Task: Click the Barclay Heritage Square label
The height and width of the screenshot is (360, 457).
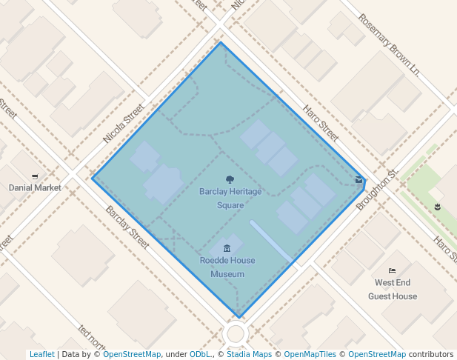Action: [x=230, y=198]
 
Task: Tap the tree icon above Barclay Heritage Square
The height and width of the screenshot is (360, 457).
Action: [x=230, y=179]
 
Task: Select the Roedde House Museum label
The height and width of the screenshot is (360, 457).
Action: [x=227, y=267]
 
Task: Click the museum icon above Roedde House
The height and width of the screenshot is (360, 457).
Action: [x=227, y=247]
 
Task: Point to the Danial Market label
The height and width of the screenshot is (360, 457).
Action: [x=35, y=187]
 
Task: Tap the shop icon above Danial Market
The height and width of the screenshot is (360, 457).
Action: [x=35, y=176]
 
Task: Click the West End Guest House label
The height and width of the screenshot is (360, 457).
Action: [x=393, y=290]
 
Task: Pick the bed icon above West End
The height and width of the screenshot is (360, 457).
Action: [x=392, y=271]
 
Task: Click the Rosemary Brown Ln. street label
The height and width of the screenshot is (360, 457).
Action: [x=390, y=46]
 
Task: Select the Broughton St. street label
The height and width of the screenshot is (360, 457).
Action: [x=377, y=190]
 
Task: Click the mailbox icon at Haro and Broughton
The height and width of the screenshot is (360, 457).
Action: [x=359, y=179]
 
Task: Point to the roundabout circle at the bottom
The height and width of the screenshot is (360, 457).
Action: [x=236, y=333]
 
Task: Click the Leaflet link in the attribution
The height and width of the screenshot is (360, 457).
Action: [x=41, y=355]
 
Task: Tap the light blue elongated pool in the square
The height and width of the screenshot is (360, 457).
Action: [x=270, y=240]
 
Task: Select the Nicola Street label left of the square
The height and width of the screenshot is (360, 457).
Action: [x=123, y=124]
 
